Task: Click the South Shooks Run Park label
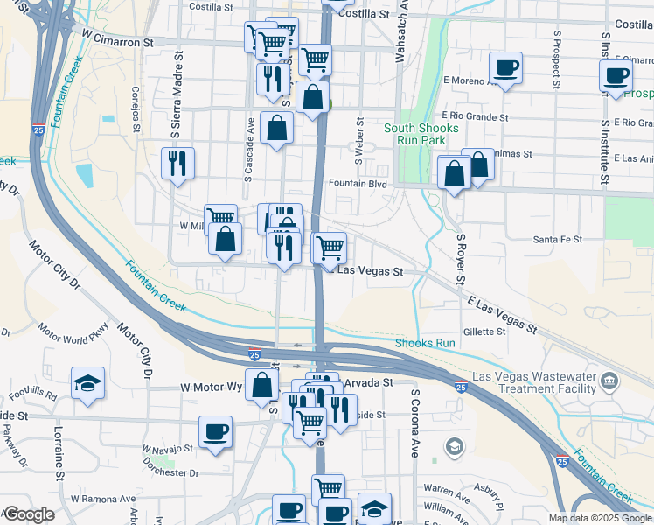point(421,134)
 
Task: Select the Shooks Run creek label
point(425,343)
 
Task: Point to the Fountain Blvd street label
point(358,184)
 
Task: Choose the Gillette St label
point(484,332)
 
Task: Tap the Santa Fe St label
point(558,239)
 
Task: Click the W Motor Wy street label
point(211,386)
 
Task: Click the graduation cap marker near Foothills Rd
point(87,382)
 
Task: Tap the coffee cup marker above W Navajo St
point(216,430)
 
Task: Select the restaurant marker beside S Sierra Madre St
point(177,162)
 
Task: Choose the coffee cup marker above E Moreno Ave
point(504,66)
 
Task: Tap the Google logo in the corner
point(28,514)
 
